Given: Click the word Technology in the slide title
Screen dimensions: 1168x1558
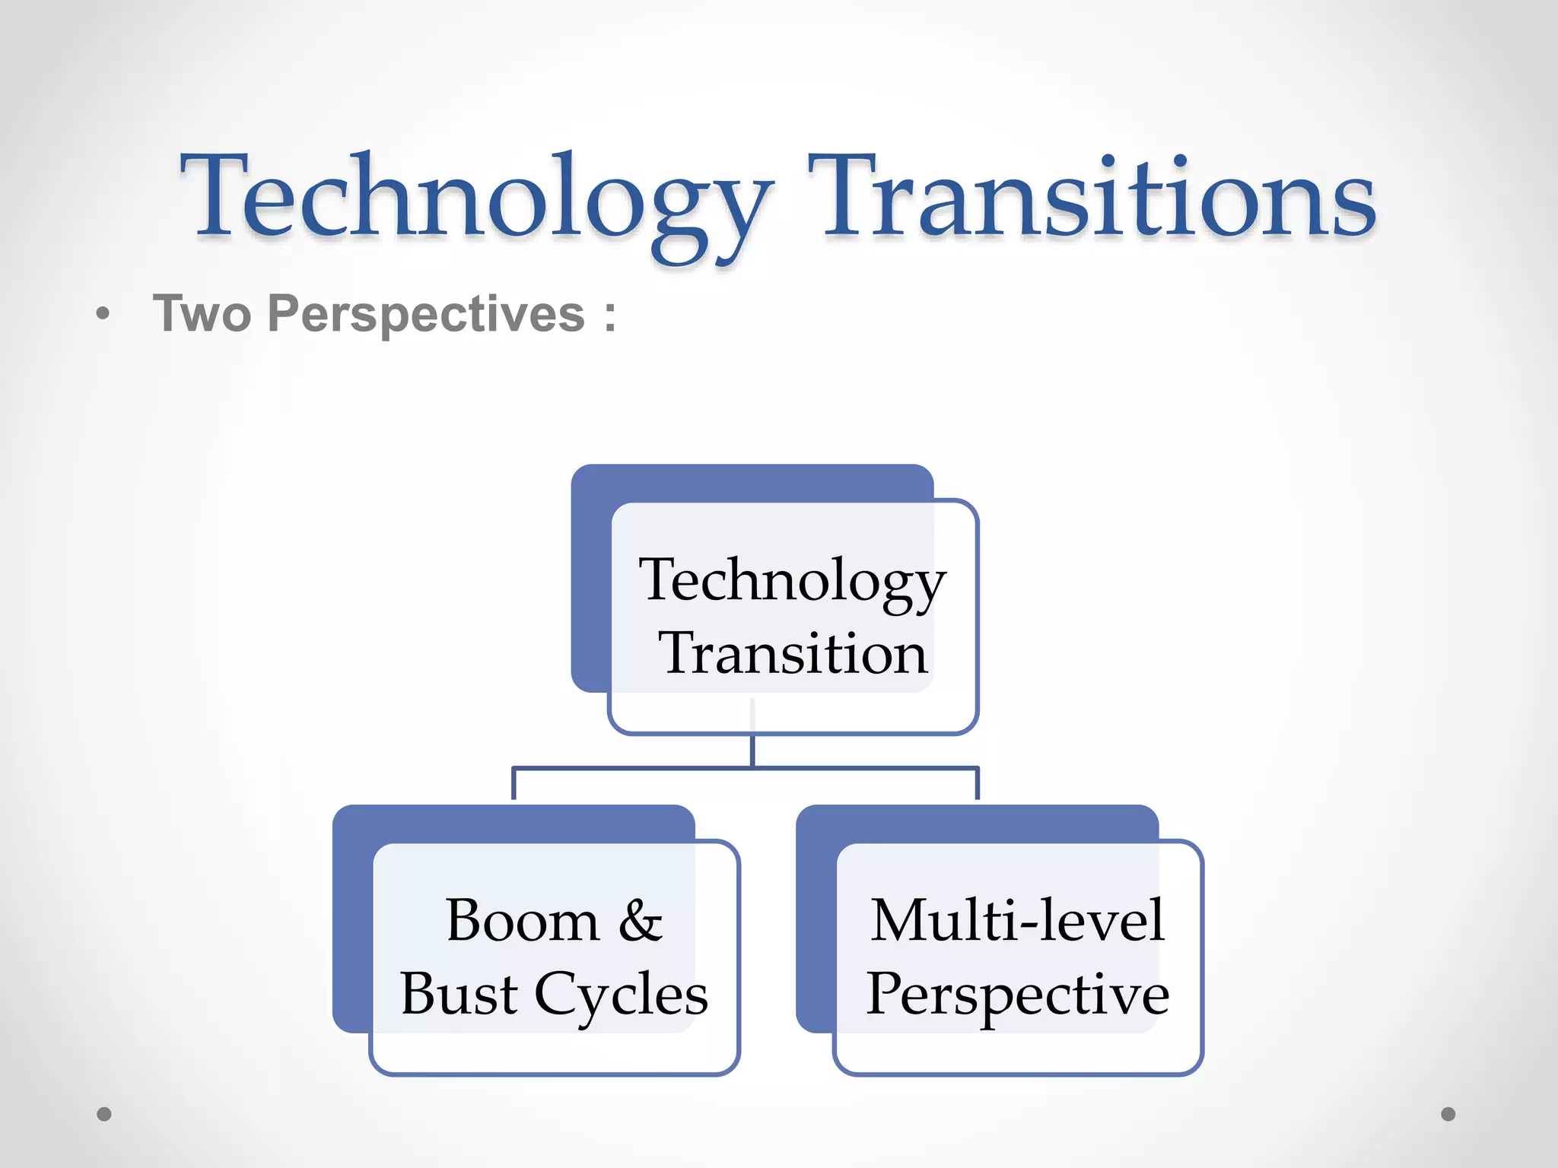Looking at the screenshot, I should click(x=475, y=199).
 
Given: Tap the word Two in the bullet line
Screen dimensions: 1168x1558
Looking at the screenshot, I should click(x=202, y=313).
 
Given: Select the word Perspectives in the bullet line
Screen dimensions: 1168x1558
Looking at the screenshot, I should click(x=426, y=313).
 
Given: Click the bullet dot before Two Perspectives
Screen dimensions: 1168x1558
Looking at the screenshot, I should click(x=103, y=313).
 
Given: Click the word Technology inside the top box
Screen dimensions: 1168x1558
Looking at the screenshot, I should click(x=792, y=580).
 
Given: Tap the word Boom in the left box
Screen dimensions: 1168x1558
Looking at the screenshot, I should click(x=523, y=921).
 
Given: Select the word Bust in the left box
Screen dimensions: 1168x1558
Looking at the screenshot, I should click(x=459, y=994).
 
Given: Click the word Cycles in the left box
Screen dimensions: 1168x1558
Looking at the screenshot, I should click(x=621, y=994).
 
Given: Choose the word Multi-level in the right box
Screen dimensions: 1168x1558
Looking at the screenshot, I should click(x=1017, y=921).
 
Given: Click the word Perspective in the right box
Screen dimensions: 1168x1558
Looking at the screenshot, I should click(x=1017, y=994).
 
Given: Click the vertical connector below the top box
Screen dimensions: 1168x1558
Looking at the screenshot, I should click(x=752, y=749).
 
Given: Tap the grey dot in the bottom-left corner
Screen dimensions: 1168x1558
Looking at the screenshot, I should click(x=104, y=1114).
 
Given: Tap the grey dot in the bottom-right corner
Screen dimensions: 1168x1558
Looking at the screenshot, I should click(x=1448, y=1114).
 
